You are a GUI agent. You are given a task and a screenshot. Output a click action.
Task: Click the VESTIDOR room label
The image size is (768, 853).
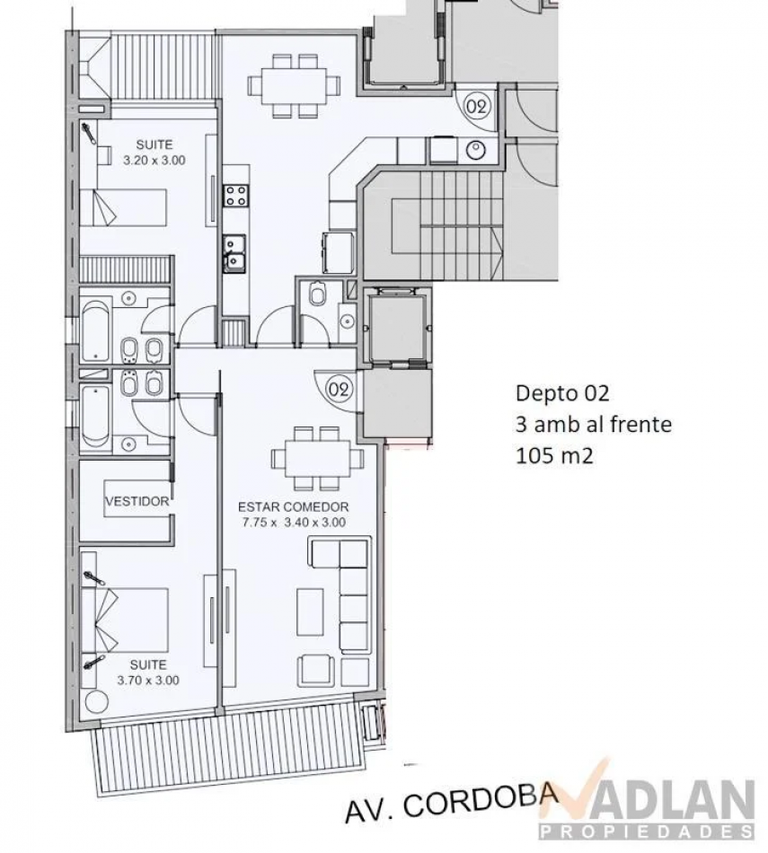click(137, 501)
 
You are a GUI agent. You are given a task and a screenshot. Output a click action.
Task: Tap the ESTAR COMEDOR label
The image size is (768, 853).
click(294, 507)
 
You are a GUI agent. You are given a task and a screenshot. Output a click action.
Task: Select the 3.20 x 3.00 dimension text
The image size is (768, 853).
click(154, 161)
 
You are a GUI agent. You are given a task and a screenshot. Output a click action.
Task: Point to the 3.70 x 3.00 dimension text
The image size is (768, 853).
click(148, 680)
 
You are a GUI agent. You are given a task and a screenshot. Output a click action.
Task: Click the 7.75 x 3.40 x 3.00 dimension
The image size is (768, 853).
click(294, 523)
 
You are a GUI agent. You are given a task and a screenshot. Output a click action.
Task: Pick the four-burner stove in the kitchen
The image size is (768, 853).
click(237, 195)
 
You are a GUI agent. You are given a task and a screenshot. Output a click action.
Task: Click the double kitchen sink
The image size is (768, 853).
click(234, 253)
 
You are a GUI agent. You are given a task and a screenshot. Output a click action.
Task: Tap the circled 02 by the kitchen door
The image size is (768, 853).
click(477, 107)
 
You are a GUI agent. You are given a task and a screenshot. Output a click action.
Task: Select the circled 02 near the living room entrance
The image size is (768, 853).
click(339, 389)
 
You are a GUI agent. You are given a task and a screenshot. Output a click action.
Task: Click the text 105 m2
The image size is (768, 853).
click(554, 455)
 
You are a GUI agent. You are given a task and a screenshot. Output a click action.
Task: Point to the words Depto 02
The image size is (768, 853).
click(562, 392)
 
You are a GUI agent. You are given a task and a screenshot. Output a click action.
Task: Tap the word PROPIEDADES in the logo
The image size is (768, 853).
click(647, 831)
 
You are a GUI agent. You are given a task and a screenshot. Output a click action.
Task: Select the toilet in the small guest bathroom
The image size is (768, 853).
click(317, 295)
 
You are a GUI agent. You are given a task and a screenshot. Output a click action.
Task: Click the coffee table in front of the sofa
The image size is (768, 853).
click(310, 612)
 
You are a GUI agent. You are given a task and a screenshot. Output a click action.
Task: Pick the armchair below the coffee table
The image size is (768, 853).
click(315, 670)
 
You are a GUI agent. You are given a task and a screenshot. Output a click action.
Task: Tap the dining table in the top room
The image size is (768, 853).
click(295, 86)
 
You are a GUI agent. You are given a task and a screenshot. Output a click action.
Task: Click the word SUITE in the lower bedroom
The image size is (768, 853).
click(148, 664)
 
